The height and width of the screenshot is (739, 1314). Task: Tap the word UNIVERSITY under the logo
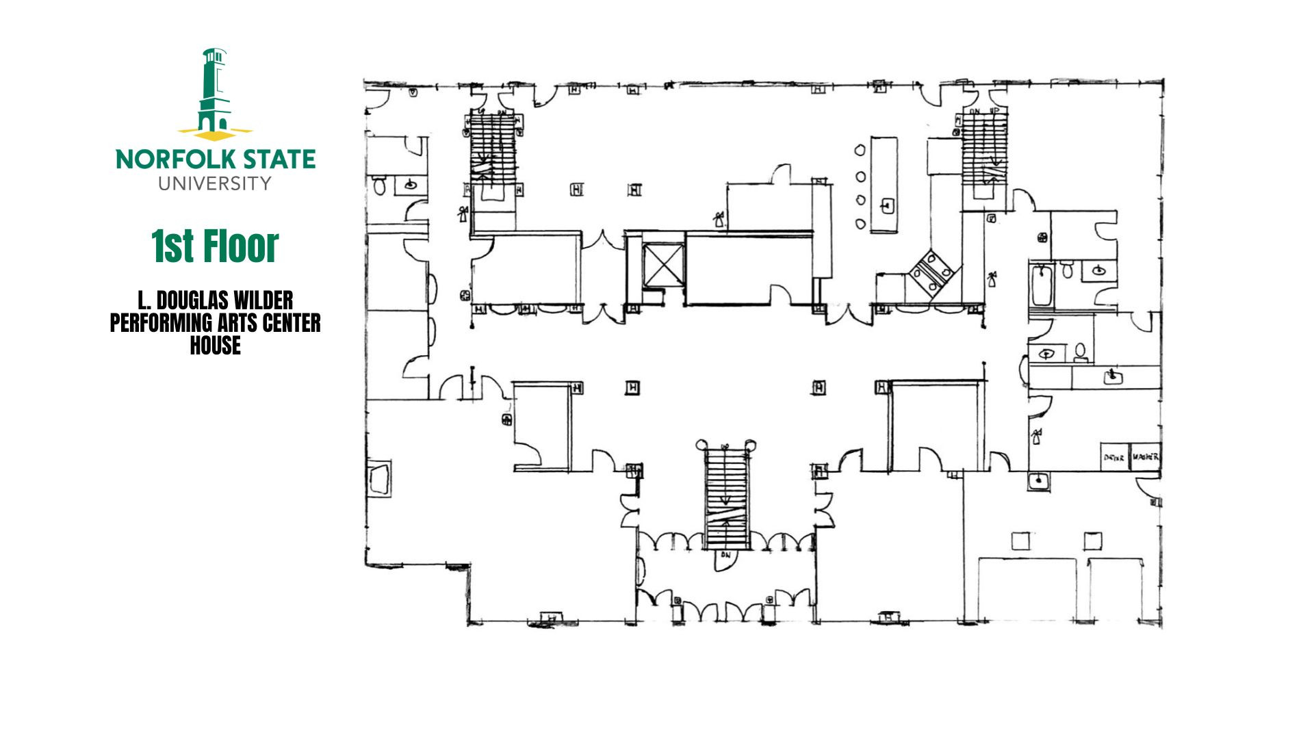(215, 183)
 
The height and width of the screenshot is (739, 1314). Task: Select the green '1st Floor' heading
(215, 246)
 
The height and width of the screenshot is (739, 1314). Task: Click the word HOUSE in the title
(215, 346)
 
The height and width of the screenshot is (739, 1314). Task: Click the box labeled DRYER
(1114, 457)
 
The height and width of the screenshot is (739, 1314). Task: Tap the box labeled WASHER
(1145, 456)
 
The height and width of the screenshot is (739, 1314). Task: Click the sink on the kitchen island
(888, 205)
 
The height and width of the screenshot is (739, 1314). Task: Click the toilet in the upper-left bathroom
(380, 184)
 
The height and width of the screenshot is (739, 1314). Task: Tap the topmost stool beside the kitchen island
(858, 150)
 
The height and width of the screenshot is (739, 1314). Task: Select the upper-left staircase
(493, 147)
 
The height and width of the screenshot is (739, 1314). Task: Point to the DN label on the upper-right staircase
(975, 111)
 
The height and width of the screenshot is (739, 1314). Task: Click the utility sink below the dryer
(1039, 480)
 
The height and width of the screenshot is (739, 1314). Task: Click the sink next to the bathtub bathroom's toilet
(1098, 271)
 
